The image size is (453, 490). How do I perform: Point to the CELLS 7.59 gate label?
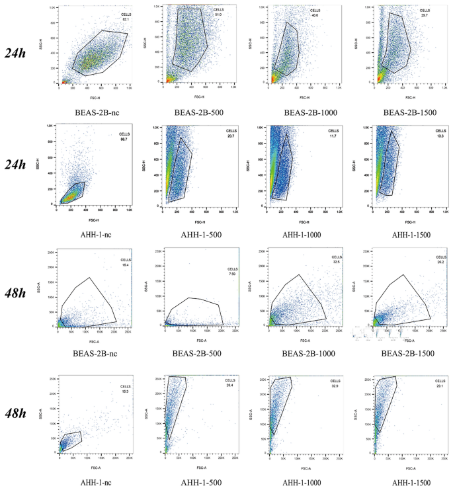click(x=232, y=272)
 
